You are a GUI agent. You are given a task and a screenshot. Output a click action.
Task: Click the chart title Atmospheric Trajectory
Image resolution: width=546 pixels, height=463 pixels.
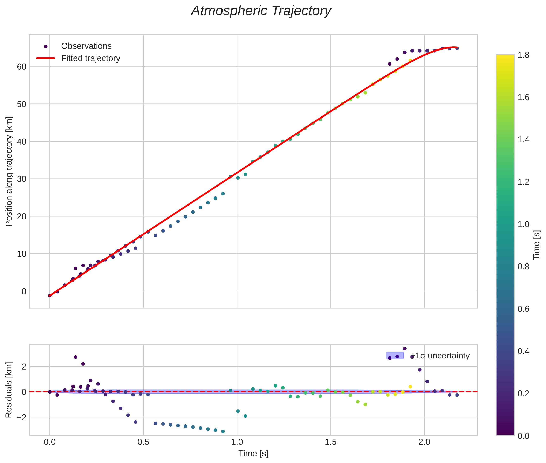click(x=261, y=11)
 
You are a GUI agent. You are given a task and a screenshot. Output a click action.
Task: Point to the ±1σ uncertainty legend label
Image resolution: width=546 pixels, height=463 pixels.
click(x=440, y=356)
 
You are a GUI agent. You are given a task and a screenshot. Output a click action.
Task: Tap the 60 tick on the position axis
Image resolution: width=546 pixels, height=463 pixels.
click(x=21, y=67)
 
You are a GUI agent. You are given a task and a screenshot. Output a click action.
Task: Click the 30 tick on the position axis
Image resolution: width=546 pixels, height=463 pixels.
click(x=21, y=179)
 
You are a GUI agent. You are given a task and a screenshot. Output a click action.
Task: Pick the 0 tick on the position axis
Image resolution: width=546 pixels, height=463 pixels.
click(x=24, y=291)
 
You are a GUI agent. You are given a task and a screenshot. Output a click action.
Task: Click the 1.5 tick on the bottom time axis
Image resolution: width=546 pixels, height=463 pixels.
click(x=331, y=442)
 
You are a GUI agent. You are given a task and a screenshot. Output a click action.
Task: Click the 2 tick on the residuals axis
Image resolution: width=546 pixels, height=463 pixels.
click(x=24, y=367)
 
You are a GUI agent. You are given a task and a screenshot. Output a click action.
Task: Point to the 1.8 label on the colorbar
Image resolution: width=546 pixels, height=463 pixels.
click(x=523, y=55)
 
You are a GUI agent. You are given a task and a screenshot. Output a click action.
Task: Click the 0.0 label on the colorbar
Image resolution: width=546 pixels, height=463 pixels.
click(x=523, y=436)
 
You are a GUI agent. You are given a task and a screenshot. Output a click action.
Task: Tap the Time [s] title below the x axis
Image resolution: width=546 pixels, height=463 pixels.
click(x=253, y=454)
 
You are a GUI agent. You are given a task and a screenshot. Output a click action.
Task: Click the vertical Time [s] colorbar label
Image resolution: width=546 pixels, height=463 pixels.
click(x=537, y=245)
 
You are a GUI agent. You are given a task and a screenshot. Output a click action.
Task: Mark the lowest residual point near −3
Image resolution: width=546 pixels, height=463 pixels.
click(x=223, y=431)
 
